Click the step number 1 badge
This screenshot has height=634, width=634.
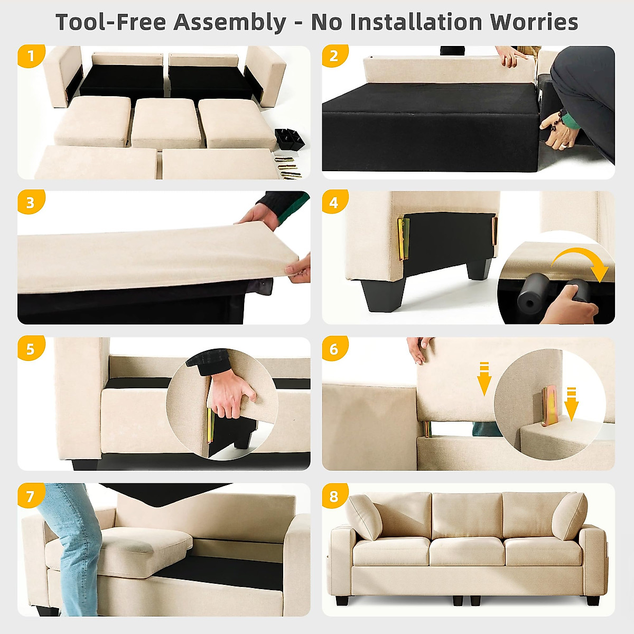[30, 56]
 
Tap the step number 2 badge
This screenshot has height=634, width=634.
[334, 56]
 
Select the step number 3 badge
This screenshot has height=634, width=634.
[30, 202]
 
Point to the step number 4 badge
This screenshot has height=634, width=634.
[334, 202]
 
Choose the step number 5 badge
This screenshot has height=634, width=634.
[30, 349]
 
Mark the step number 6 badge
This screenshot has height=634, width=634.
[334, 349]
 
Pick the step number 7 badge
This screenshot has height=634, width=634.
[30, 496]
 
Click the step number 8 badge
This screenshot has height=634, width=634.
[334, 496]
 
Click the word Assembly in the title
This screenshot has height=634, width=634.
[230, 22]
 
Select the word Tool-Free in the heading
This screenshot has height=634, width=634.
[111, 22]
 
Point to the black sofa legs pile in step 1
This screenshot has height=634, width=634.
[289, 138]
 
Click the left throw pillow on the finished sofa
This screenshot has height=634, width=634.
[365, 516]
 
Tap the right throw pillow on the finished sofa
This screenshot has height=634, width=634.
[570, 516]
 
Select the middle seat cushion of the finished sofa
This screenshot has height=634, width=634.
[467, 552]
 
